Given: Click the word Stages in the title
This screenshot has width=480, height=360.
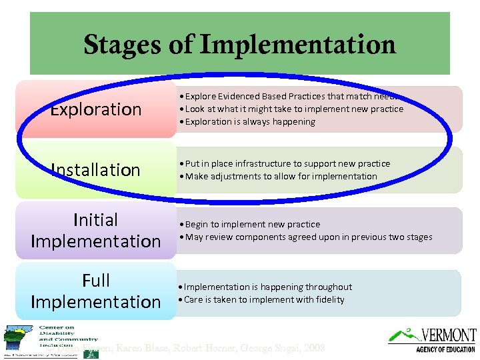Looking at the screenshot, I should [119, 45].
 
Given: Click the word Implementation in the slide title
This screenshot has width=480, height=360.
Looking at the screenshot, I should [297, 45].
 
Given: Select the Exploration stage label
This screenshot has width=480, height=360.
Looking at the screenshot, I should [96, 109].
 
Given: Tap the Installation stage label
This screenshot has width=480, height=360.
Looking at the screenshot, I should [96, 170].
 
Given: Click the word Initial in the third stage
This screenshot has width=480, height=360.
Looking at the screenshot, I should [95, 220].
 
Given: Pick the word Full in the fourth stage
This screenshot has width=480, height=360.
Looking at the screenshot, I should [95, 281].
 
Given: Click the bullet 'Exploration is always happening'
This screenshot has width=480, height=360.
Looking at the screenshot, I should [249, 122].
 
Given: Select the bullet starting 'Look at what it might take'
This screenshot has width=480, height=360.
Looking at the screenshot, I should [293, 109].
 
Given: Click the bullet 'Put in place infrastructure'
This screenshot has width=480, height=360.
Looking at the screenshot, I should [287, 164].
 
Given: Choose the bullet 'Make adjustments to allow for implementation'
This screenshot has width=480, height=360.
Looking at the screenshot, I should [280, 177].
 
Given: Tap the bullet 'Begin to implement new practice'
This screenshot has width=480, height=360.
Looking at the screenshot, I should [251, 225].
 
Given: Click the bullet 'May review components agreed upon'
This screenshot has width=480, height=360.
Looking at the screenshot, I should [307, 237].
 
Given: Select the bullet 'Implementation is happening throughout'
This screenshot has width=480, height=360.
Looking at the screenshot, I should [267, 287].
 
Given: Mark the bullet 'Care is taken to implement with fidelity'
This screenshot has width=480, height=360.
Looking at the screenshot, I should [263, 300].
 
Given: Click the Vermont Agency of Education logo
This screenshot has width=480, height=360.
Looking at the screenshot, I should [433, 339].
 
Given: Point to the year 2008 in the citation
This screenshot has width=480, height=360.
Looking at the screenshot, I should [313, 348].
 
